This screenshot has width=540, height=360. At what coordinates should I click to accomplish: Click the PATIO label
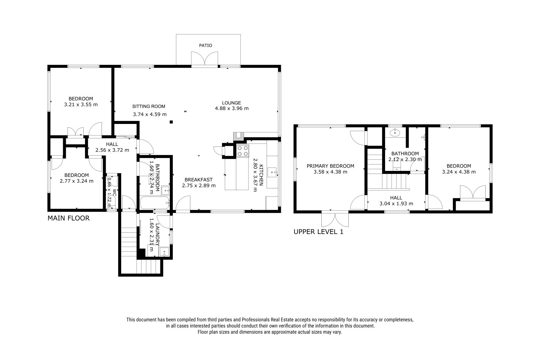click(206, 45)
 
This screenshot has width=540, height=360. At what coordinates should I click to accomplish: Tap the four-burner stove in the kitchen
click(243, 151)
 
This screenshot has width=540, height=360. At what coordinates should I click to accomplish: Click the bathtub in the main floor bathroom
click(155, 203)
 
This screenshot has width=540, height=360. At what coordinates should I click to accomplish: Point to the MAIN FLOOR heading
click(69, 218)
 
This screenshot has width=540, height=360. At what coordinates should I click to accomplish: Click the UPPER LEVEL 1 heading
click(318, 232)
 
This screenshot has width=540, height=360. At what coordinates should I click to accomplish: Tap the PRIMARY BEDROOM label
click(330, 166)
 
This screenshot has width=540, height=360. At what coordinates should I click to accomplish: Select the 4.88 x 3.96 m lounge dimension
click(232, 108)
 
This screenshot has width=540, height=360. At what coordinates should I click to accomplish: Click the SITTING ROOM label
click(148, 106)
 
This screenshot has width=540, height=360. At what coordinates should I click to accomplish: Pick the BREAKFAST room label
click(199, 180)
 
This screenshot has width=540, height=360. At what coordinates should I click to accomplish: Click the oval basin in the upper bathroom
click(395, 132)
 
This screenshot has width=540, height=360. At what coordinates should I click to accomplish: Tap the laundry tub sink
click(164, 252)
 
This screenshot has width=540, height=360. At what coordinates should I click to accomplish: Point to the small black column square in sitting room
click(171, 122)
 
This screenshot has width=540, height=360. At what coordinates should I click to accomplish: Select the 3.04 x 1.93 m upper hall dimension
click(396, 204)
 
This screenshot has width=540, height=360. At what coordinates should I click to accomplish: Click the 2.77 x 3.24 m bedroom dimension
click(77, 181)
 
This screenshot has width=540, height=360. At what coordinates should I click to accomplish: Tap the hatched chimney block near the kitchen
click(239, 136)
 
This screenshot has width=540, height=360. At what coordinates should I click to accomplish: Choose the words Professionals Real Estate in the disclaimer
click(268, 320)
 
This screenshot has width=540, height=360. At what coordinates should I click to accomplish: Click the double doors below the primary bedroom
click(335, 219)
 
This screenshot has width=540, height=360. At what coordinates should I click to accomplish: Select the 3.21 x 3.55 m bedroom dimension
click(81, 105)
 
